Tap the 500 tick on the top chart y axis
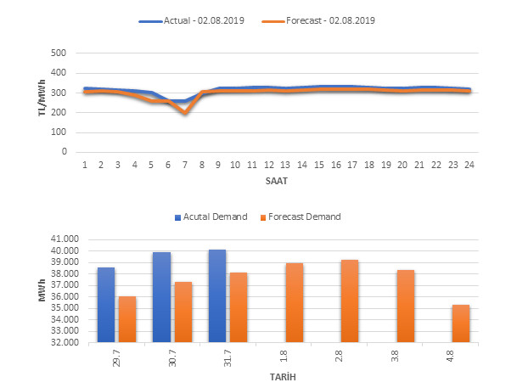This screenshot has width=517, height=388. click(x=59, y=53)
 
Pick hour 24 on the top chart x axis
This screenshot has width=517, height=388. click(x=468, y=165)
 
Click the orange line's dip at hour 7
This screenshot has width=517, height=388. click(x=185, y=111)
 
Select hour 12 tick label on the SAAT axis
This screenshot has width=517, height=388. click(x=268, y=165)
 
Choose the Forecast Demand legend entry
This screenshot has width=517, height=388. click(x=305, y=217)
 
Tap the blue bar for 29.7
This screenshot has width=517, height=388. click(x=106, y=305)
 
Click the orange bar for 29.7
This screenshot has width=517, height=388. click(x=127, y=319)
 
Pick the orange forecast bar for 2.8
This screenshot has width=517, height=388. click(x=350, y=301)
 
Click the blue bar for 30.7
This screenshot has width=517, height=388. click(x=161, y=297)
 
